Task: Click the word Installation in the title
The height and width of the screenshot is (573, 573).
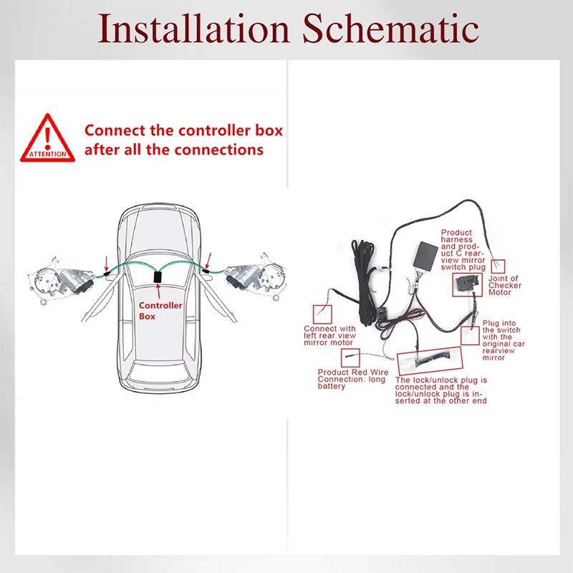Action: [x=193, y=29]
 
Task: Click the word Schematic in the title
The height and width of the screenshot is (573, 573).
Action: [x=390, y=29]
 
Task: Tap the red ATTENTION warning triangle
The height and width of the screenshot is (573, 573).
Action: [x=47, y=139]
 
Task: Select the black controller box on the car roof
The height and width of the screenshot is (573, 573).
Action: [x=158, y=276]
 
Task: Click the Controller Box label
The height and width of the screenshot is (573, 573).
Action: [x=160, y=311]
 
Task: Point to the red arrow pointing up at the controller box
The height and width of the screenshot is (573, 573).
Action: [x=158, y=292]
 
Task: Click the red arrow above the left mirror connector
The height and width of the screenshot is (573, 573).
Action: [x=106, y=264]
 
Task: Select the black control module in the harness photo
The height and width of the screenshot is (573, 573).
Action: [x=425, y=256]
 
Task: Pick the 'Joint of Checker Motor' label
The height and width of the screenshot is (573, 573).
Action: [x=505, y=285]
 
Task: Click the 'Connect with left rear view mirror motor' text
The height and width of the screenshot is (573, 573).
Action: [x=329, y=335]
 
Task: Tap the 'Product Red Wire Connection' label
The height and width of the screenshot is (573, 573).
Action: [x=352, y=379]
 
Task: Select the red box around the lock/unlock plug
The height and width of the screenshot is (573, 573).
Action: [x=430, y=361]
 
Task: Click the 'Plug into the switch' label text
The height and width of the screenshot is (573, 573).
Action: [x=504, y=340]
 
